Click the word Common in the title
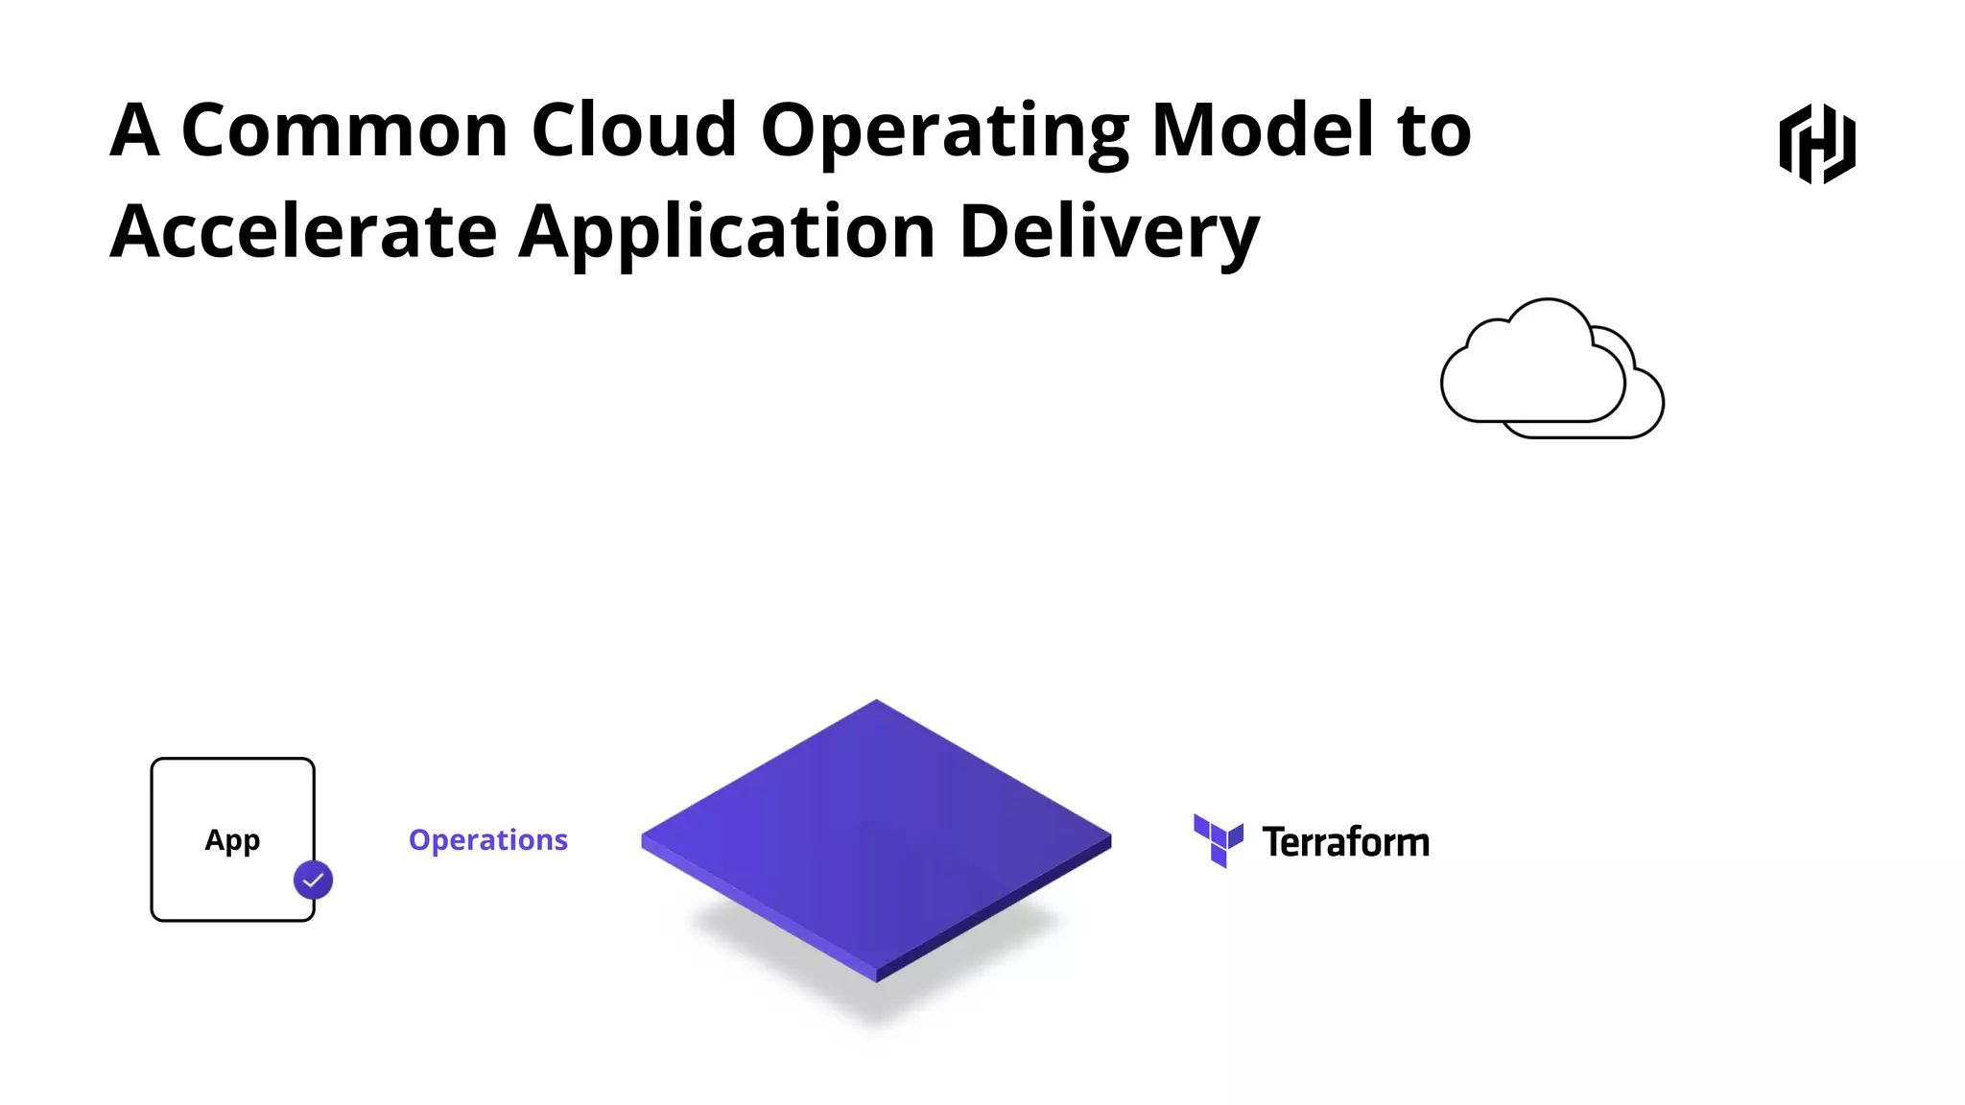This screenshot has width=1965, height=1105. tap(344, 130)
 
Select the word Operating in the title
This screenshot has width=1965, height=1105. tap(945, 132)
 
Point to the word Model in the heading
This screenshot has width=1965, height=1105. tap(1263, 130)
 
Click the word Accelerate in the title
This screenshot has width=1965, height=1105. tap(303, 232)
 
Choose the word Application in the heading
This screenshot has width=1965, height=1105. tap(727, 234)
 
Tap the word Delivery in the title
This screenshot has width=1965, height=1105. tap(1109, 234)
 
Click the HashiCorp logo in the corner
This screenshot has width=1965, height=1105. tap(1817, 144)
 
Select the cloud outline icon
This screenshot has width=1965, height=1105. tap(1551, 369)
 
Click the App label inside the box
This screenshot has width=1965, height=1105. tap(232, 840)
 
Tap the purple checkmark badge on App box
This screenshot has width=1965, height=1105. tap(313, 880)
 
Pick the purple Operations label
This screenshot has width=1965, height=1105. tap(488, 840)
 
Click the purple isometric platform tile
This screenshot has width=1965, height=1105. tap(876, 839)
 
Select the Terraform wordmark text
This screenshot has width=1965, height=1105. tap(1345, 842)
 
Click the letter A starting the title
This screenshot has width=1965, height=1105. tap(133, 130)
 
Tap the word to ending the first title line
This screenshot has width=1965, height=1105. tap(1434, 130)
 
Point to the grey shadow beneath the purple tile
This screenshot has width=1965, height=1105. tap(875, 1007)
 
